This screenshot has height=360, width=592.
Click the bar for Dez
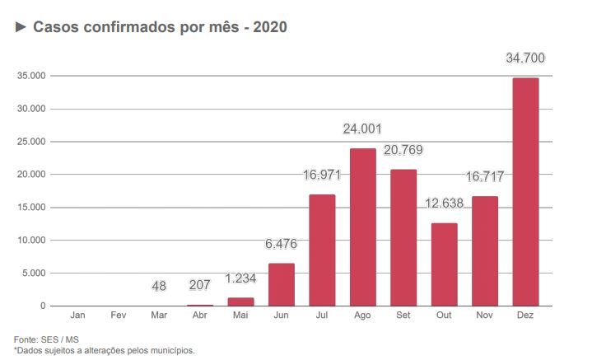[525, 192]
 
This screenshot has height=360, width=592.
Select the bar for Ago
[362, 227]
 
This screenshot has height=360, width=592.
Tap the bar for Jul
[322, 250]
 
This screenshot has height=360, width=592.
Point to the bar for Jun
[282, 285]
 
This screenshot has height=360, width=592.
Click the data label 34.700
[525, 58]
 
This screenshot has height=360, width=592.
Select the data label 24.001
[362, 129]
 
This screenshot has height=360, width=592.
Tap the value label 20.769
[403, 151]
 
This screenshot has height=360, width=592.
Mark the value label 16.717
[484, 177]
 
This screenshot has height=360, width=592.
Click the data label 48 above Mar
[159, 287]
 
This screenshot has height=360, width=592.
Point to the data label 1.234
[240, 278]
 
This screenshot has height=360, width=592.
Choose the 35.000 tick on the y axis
[31, 76]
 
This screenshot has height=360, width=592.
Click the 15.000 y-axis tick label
[31, 208]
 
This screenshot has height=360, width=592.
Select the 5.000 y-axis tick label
[34, 274]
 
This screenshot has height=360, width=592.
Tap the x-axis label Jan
[78, 316]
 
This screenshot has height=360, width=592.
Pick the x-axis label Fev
[119, 316]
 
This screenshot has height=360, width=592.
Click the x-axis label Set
[403, 316]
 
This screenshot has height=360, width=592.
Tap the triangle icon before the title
[21, 27]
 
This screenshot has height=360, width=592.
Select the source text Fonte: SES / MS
[46, 339]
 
